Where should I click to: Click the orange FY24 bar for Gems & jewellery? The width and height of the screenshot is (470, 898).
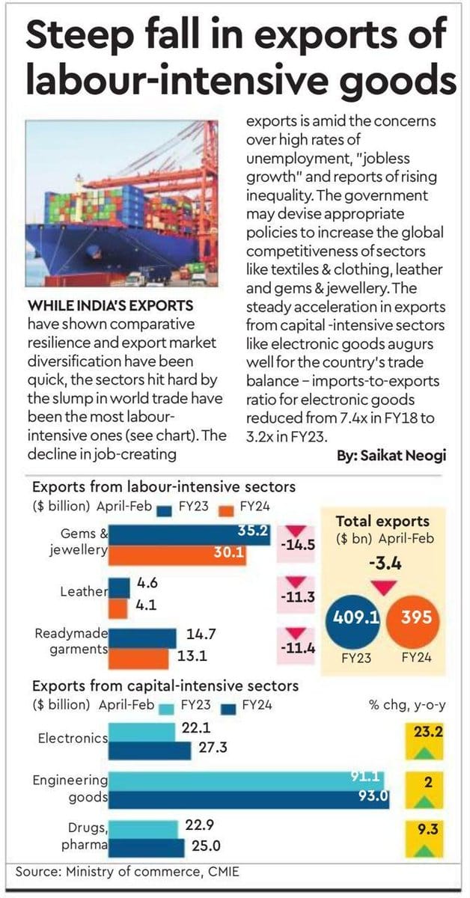tap(177, 555)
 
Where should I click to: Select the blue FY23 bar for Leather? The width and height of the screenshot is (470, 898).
tap(119, 588)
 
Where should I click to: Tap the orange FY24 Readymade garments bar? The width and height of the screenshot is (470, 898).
tap(138, 659)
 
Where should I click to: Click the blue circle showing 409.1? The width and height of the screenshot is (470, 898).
tap(353, 619)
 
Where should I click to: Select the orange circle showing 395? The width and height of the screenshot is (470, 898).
tap(413, 619)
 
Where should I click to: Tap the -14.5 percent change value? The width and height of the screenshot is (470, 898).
tap(298, 546)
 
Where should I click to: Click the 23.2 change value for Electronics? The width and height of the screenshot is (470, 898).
tap(428, 733)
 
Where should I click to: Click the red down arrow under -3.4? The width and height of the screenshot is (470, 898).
tap(383, 588)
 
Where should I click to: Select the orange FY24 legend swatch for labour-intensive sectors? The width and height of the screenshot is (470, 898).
tap(227, 511)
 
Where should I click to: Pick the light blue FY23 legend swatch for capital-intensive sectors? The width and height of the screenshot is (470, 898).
tap(167, 709)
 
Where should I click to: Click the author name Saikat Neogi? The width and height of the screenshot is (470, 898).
tap(403, 456)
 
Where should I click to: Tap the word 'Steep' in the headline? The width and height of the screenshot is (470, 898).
tap(80, 34)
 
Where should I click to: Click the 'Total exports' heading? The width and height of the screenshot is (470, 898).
tap(382, 521)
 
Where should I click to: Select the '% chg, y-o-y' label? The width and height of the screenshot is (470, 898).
tap(407, 706)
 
